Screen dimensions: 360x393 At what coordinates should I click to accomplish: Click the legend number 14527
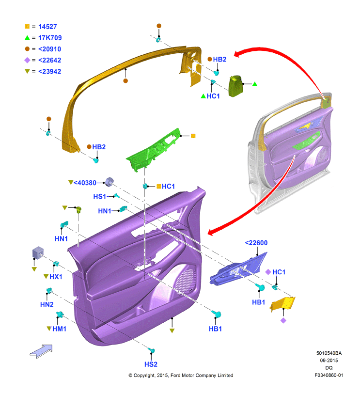coord(47,27)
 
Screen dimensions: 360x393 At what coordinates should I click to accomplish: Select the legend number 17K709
coord(50,38)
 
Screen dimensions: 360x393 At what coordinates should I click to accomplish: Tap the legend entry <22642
coord(49,60)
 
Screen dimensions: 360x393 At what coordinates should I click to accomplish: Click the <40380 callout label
coord(85,183)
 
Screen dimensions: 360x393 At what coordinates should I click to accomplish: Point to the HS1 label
coord(100,197)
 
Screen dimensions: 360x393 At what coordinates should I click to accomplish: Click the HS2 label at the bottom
coord(151,364)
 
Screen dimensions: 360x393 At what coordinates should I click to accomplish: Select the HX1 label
coord(56,277)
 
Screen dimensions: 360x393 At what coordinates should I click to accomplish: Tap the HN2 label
coord(47,304)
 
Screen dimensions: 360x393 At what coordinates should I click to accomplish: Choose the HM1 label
coord(60,329)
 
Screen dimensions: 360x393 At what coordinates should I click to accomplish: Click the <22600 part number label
coord(256,243)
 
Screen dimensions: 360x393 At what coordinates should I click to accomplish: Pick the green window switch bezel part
coord(153,150)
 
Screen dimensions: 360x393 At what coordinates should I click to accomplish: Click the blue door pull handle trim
coord(238,269)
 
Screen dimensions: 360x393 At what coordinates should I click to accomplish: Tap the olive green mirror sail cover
coord(235,86)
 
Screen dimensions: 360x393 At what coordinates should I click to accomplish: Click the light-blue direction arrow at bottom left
coord(41,351)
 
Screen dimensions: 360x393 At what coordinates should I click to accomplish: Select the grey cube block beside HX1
coord(38,252)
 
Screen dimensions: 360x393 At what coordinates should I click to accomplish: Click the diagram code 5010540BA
coord(329,353)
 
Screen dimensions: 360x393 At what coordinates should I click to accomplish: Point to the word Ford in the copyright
coord(175,376)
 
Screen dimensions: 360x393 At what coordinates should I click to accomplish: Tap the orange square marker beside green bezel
coord(193,136)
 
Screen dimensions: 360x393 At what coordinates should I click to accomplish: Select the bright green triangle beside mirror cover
coord(255,84)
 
